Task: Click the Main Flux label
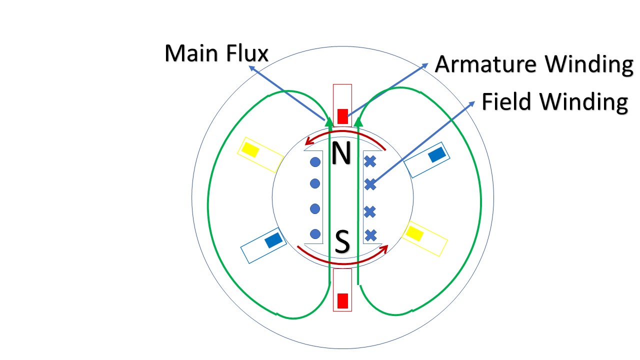(216, 53)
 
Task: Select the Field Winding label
(554, 102)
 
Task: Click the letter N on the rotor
(341, 154)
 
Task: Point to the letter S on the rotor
(342, 242)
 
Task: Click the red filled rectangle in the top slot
(342, 116)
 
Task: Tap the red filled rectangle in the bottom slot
(342, 300)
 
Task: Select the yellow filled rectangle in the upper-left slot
(250, 149)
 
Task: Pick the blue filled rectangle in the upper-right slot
(436, 154)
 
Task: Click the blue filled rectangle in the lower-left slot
(273, 240)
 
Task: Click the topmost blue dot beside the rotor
(315, 162)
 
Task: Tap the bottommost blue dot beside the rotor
(315, 233)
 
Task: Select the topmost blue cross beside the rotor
(370, 161)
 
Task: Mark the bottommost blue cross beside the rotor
(370, 234)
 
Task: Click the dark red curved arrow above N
(345, 134)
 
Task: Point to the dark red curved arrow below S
(342, 261)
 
